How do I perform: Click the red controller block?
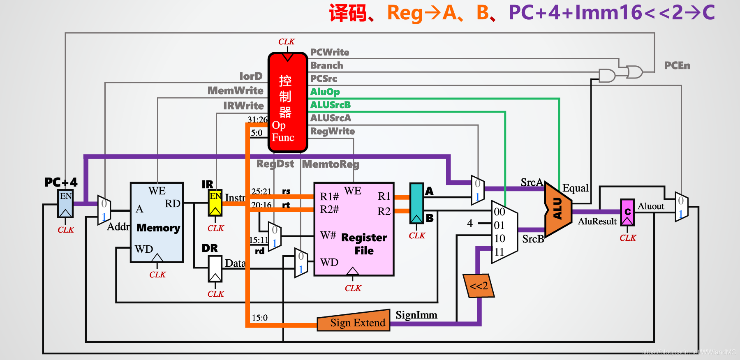tap(288, 103)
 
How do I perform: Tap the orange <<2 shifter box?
tap(479, 286)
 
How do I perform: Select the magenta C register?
tap(627, 212)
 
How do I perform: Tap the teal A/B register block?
tap(416, 203)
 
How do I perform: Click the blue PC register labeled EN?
tap(65, 203)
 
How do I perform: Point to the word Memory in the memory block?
tap(158, 228)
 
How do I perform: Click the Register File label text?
tap(364, 244)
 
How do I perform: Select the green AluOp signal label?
tap(325, 92)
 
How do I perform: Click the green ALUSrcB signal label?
tap(330, 105)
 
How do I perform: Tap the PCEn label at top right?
tap(677, 65)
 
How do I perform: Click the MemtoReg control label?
tap(331, 164)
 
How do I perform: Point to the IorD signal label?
tap(251, 76)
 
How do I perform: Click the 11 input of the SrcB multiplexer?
tap(499, 252)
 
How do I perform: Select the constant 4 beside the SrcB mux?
tap(470, 223)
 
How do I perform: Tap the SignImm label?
tap(416, 315)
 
